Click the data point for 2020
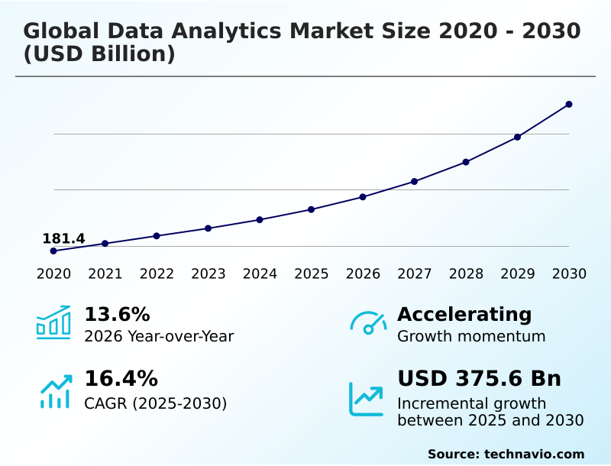[x=53, y=251]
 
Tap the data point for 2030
[x=569, y=104]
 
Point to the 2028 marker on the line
[x=466, y=162]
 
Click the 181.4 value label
[x=63, y=238]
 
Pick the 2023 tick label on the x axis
[x=209, y=274]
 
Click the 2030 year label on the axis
[x=569, y=274]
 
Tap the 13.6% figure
[x=117, y=315]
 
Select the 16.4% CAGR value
[x=121, y=379]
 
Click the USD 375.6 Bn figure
[x=479, y=379]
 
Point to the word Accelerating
[x=464, y=315]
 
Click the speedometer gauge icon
[x=368, y=323]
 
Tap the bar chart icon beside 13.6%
[x=53, y=322]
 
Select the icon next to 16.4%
[x=55, y=391]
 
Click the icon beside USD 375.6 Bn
[x=367, y=399]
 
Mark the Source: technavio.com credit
[x=506, y=454]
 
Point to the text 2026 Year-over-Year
[x=159, y=336]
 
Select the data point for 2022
[x=157, y=236]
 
